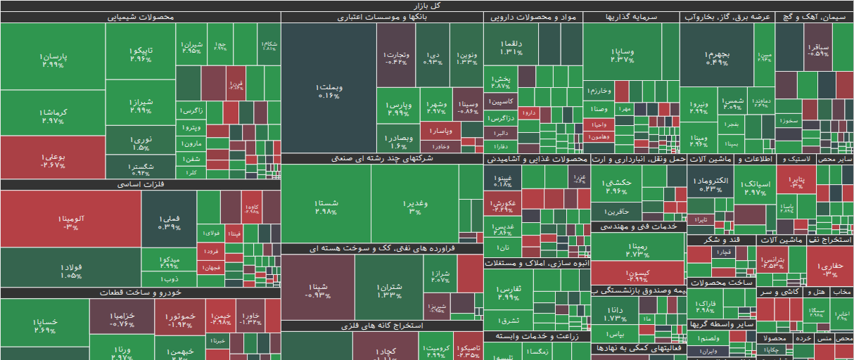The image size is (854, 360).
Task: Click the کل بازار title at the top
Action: (x=427, y=6)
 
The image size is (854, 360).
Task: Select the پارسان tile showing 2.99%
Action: (x=53, y=60)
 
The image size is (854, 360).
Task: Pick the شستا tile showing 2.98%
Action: (x=326, y=207)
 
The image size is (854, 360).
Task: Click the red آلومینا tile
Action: (x=70, y=222)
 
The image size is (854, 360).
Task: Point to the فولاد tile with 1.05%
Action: (x=70, y=271)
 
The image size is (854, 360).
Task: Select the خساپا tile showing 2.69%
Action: (x=44, y=326)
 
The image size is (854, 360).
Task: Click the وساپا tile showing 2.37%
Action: (x=623, y=55)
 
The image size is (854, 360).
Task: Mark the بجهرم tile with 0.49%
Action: (x=718, y=58)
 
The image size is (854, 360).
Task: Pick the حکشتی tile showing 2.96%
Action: (x=616, y=186)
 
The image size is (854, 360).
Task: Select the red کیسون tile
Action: (x=637, y=275)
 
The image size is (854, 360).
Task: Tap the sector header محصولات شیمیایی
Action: (x=141, y=18)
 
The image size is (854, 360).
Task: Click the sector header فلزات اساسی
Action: (x=141, y=185)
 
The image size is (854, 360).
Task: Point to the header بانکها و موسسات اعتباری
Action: (x=382, y=18)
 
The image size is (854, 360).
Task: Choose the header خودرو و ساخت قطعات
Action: (x=141, y=292)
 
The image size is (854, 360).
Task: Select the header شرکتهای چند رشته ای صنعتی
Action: (x=382, y=159)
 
